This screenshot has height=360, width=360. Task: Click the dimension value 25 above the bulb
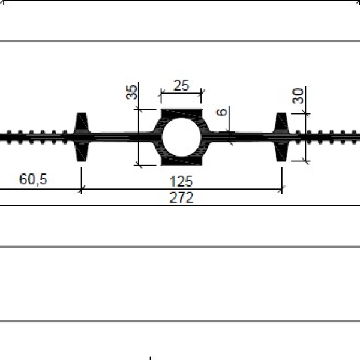click(181, 86)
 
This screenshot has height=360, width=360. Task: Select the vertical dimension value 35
click(132, 92)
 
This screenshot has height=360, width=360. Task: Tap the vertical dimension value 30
click(298, 96)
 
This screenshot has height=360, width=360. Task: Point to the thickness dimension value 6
click(222, 113)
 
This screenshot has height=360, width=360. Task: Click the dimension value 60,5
click(33, 179)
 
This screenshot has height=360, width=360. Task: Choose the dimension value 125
click(181, 181)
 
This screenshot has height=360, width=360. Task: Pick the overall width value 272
click(181, 197)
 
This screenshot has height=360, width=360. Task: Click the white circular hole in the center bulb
click(181, 137)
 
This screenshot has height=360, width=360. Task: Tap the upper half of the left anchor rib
click(82, 122)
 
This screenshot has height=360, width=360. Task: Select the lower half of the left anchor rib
click(82, 152)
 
